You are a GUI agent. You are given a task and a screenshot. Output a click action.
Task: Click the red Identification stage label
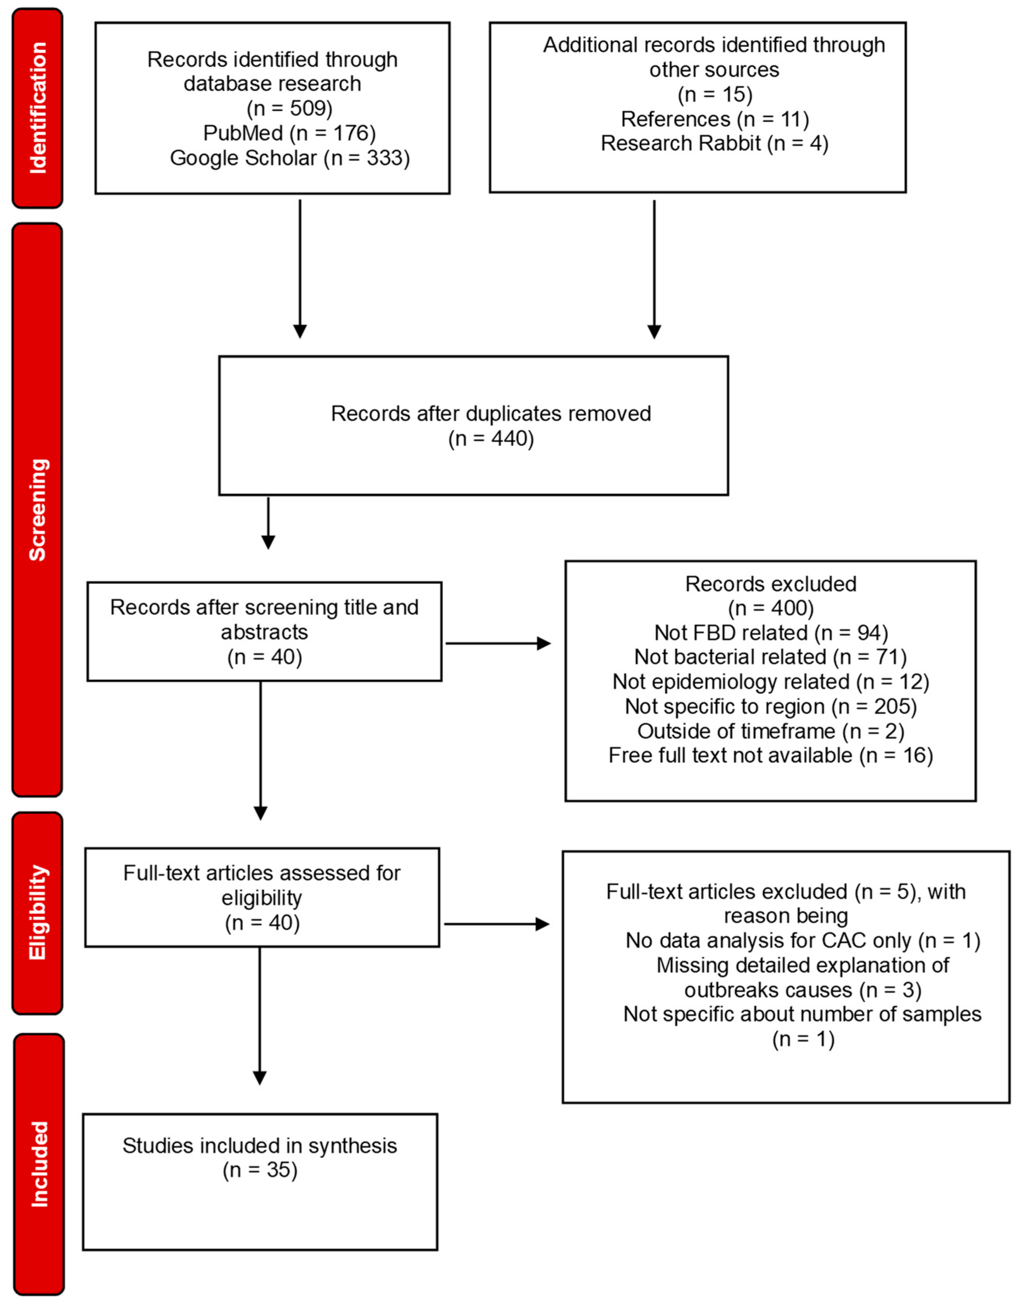(x=37, y=108)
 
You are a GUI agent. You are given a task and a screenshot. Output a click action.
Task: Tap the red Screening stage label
(x=37, y=510)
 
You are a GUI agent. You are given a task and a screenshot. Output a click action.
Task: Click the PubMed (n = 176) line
(x=289, y=132)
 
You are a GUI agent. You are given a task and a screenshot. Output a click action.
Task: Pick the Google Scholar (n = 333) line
(x=289, y=158)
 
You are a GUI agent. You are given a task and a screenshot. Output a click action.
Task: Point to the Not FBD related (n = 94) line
(x=771, y=632)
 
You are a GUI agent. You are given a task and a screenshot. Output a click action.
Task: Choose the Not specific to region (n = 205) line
(x=771, y=706)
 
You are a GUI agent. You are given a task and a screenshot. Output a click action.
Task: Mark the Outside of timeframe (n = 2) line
(x=771, y=731)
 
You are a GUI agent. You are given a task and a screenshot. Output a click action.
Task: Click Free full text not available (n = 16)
(x=771, y=755)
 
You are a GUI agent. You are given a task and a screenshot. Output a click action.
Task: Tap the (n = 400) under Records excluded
(x=771, y=608)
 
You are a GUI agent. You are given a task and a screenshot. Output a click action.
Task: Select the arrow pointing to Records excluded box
(x=498, y=643)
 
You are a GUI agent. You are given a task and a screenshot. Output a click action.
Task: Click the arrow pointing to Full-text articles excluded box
(x=496, y=924)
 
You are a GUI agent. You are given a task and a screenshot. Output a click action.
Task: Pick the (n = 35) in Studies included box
(x=260, y=1169)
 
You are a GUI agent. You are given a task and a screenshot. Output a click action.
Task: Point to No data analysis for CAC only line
(x=802, y=940)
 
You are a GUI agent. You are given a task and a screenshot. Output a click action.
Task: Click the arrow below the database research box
(x=300, y=269)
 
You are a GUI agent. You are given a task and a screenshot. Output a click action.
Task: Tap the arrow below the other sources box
(x=654, y=269)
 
